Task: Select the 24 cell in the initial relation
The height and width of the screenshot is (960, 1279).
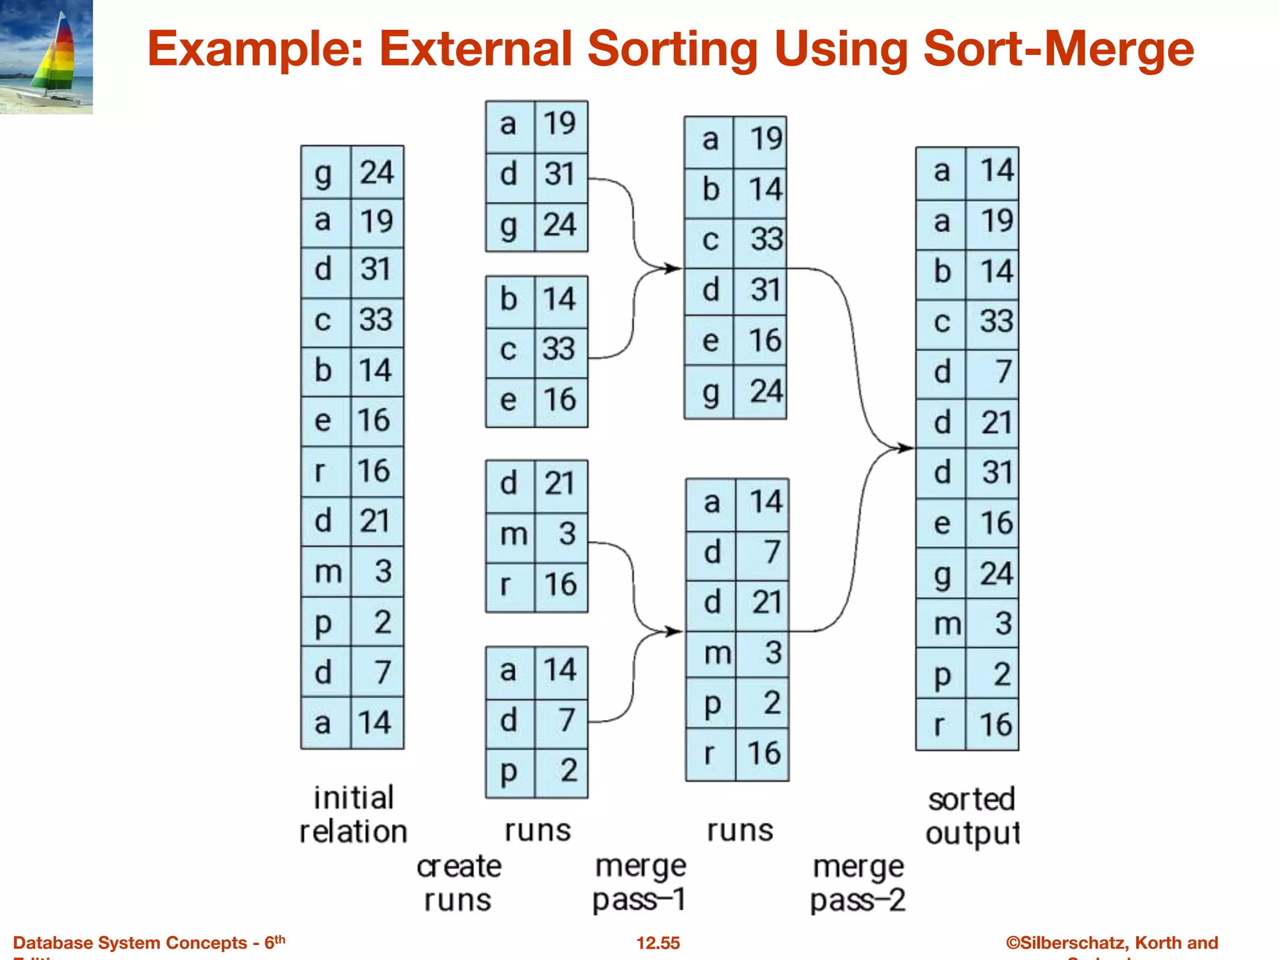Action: (377, 172)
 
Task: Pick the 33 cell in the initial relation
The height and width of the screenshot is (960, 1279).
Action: (376, 320)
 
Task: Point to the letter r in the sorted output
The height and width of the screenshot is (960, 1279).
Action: (940, 725)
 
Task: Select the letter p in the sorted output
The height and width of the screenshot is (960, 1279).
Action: (941, 675)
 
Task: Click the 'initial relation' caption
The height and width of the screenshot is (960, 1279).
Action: (353, 814)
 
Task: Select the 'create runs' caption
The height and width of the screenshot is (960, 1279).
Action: (458, 882)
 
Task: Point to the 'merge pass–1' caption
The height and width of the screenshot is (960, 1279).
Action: (639, 882)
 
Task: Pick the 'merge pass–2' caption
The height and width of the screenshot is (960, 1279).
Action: (857, 883)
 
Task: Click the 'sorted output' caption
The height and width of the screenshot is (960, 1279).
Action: (972, 816)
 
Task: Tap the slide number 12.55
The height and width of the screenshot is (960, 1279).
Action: (658, 942)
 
